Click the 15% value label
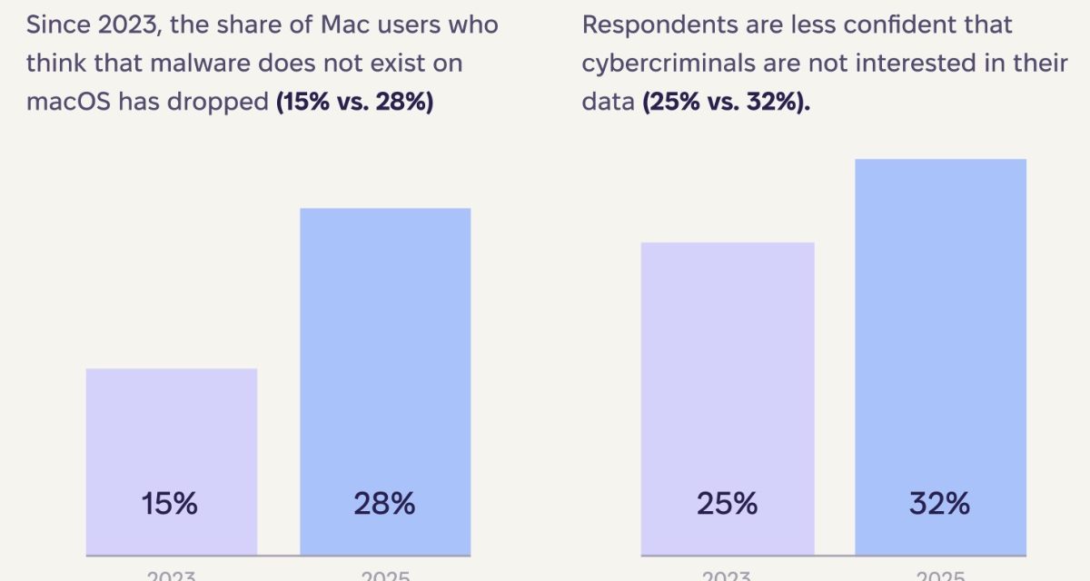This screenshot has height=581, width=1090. pyautogui.click(x=170, y=503)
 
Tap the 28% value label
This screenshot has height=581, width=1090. pyautogui.click(x=384, y=503)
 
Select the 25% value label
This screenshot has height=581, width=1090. pyautogui.click(x=727, y=503)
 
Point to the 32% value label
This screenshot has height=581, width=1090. pyautogui.click(x=940, y=503)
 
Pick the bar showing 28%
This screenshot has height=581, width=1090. pyautogui.click(x=385, y=363)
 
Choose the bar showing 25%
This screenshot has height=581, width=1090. pyautogui.click(x=727, y=381)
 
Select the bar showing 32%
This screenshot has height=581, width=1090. pyautogui.click(x=940, y=345)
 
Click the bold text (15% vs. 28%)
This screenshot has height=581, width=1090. pyautogui.click(x=355, y=103)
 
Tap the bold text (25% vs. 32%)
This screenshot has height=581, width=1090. pyautogui.click(x=727, y=103)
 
